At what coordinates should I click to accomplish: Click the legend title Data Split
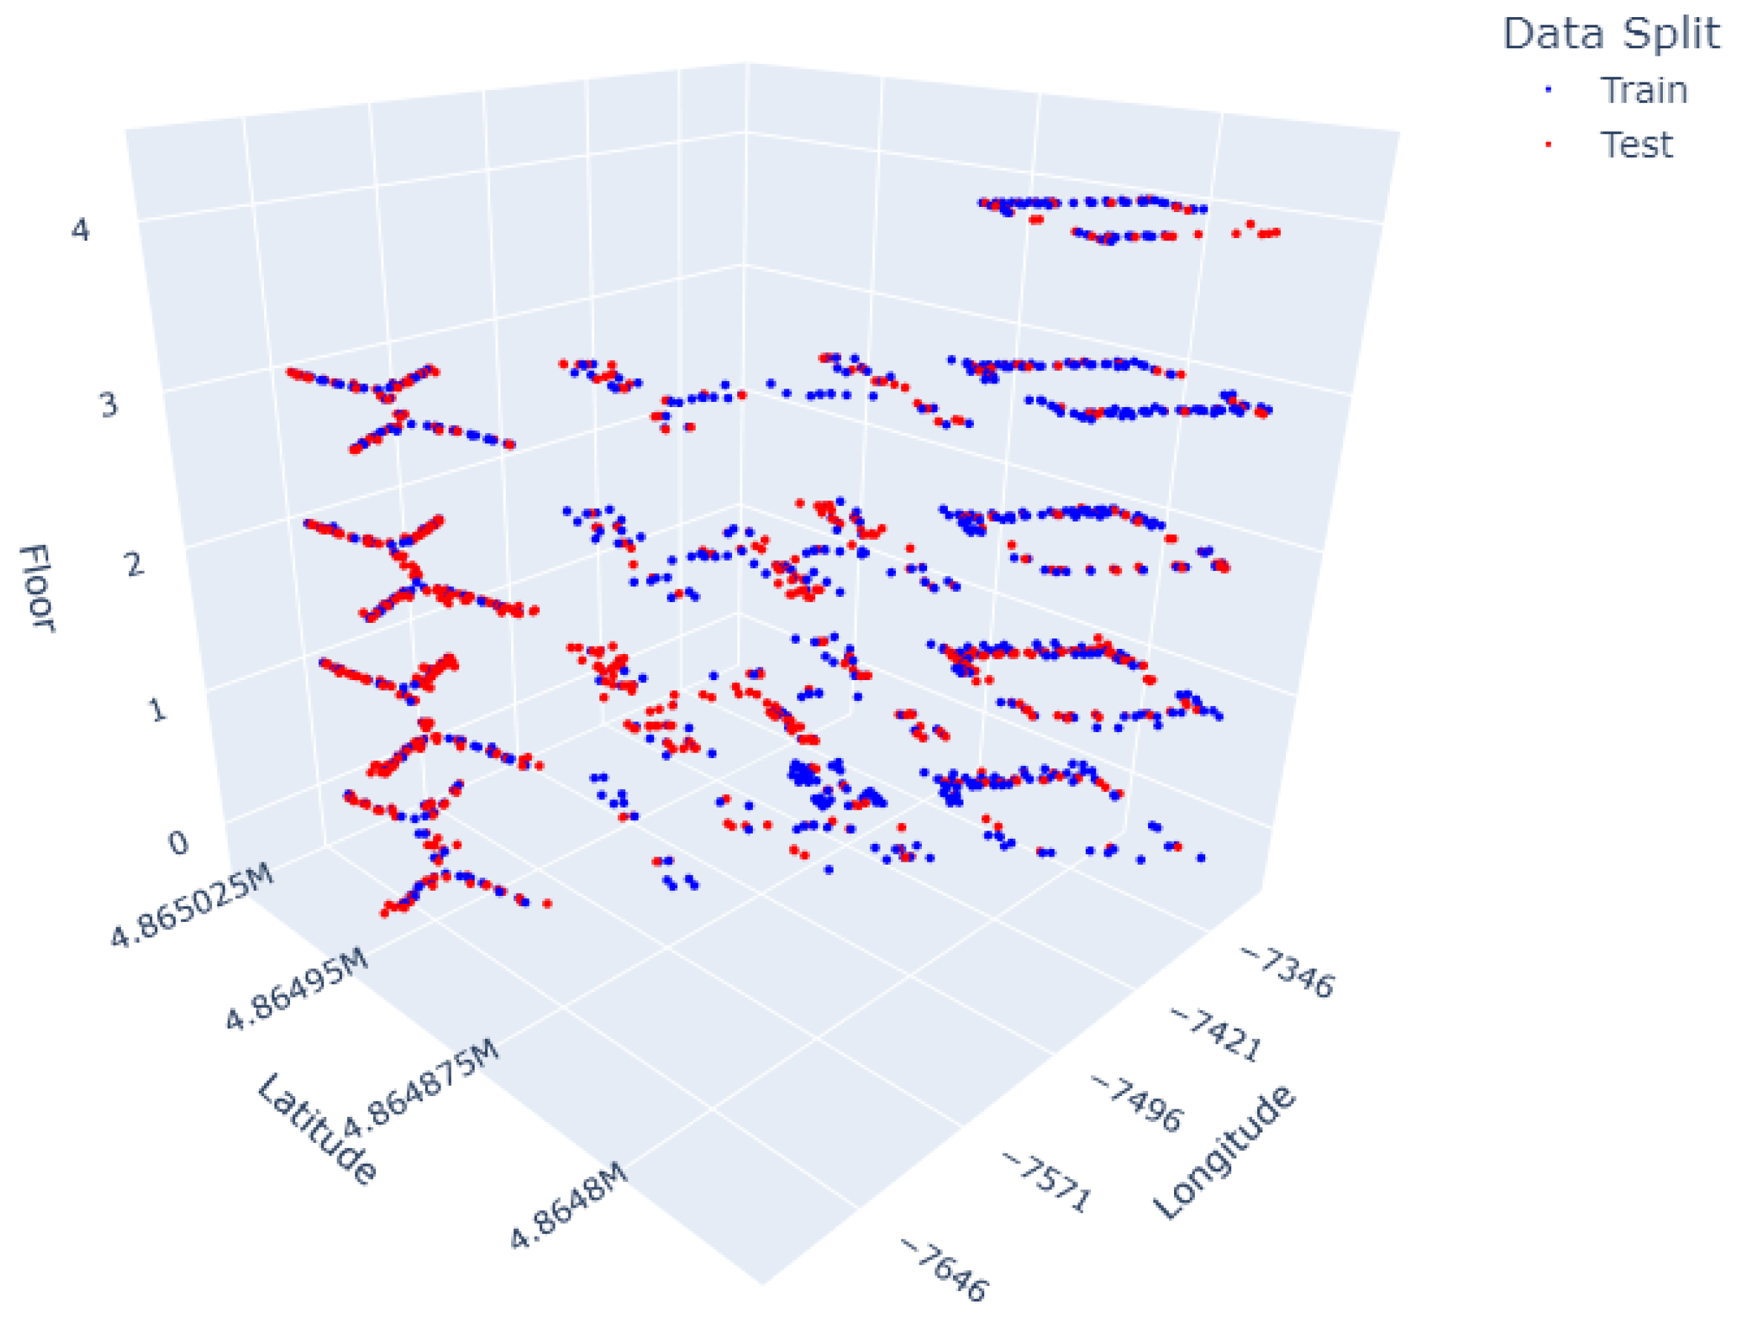click(1610, 34)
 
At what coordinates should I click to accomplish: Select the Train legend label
click(1643, 90)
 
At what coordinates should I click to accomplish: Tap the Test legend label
click(1635, 145)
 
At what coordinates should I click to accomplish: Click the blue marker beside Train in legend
click(1549, 90)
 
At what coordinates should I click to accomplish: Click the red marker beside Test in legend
click(1549, 145)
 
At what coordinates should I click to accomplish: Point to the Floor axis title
click(36, 587)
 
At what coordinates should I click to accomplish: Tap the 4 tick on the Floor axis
click(80, 231)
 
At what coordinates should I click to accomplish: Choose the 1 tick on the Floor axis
click(156, 710)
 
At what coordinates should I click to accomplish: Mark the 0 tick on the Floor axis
click(178, 843)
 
